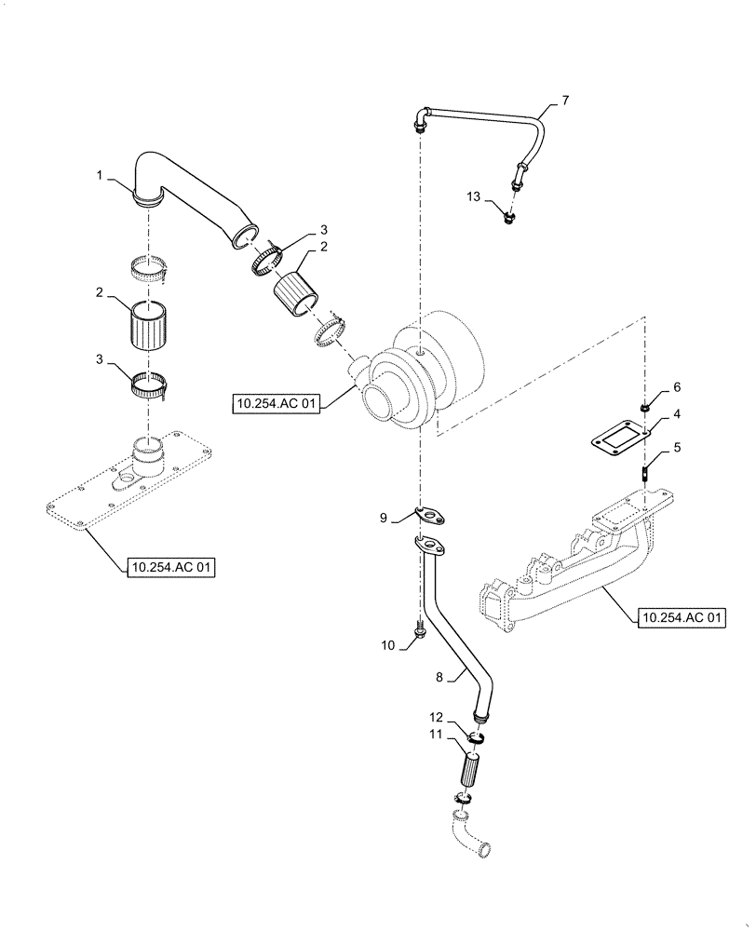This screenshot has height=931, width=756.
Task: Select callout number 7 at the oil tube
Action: click(564, 99)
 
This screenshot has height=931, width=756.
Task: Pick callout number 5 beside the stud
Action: click(677, 447)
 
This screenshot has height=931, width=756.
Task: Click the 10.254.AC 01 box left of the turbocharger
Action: click(277, 402)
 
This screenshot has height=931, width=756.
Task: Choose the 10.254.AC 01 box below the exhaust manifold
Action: click(682, 616)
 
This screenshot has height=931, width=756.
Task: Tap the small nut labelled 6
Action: click(644, 407)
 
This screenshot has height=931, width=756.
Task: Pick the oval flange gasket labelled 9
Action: click(430, 513)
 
